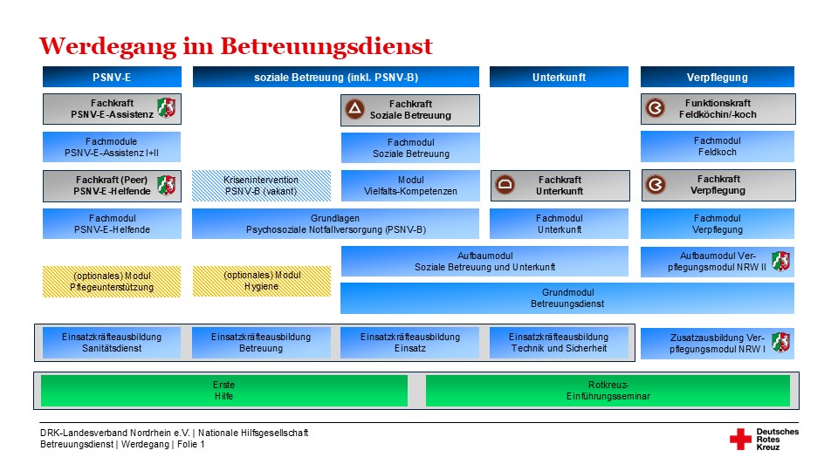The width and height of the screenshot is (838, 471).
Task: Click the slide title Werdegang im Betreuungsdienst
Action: [x=236, y=44]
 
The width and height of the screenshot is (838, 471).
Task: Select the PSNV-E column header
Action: [x=112, y=77]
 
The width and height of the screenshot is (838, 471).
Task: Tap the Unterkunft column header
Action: [x=559, y=77]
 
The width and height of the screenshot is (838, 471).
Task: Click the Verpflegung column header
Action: [x=718, y=77]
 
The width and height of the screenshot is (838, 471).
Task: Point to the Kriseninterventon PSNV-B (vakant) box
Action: [x=261, y=185]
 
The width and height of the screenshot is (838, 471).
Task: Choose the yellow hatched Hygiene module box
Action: [x=261, y=281]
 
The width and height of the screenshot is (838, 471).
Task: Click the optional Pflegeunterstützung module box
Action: [x=112, y=281]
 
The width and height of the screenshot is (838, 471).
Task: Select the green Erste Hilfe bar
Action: [x=223, y=390]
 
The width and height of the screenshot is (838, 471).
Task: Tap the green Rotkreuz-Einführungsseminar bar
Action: [x=608, y=390]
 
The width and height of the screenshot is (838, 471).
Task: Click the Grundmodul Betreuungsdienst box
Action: [x=567, y=298]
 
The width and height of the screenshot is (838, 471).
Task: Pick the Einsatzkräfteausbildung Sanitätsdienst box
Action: [x=113, y=342]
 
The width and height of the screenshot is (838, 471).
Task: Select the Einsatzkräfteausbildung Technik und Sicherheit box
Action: [x=559, y=342]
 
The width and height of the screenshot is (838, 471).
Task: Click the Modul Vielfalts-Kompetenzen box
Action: [x=410, y=185]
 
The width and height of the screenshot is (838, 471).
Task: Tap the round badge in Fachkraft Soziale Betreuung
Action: [x=354, y=109]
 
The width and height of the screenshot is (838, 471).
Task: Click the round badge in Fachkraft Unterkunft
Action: [x=505, y=185]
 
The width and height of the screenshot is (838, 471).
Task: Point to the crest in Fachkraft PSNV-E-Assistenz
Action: [x=166, y=108]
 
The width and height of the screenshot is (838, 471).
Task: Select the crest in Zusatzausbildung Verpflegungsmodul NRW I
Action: [x=780, y=342]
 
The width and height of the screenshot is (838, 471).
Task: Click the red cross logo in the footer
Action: [x=740, y=439]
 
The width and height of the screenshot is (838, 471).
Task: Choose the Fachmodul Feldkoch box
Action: [x=718, y=147]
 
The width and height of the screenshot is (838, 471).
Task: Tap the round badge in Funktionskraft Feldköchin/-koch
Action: [x=655, y=109]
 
